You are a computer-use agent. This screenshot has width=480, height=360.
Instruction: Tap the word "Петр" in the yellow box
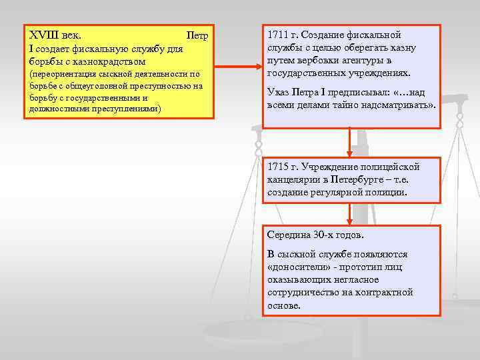click(198, 35)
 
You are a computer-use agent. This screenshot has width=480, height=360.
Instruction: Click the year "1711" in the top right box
click(277, 35)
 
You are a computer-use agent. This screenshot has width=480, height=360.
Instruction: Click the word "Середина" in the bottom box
click(289, 236)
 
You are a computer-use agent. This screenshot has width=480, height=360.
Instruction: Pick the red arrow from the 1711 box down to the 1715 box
click(349, 143)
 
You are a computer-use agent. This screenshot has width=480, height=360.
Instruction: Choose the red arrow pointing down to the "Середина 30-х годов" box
click(349, 214)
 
